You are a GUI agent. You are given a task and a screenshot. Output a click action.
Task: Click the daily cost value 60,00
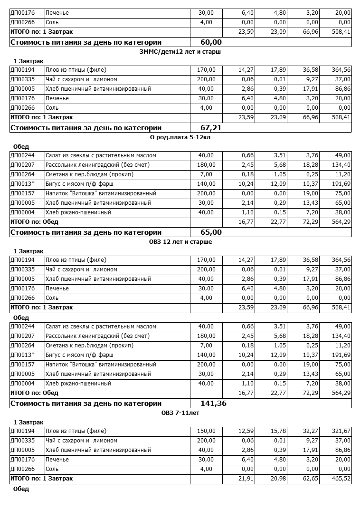coord(211,42)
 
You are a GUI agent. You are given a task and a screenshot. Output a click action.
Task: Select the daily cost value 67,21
coord(211,128)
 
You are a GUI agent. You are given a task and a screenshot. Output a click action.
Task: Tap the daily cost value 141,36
coord(214,403)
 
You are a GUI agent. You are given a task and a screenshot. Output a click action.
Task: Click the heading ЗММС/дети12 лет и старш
coord(180,51)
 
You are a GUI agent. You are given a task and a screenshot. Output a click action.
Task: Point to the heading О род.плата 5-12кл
coord(180,137)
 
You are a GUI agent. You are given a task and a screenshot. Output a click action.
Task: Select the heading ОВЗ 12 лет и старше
coord(180,241)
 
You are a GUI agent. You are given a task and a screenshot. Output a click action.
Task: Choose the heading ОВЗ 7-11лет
coord(180,413)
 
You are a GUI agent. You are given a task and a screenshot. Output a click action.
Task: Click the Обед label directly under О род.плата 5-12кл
coord(21,146)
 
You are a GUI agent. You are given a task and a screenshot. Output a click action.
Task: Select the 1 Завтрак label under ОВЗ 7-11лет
coord(28,422)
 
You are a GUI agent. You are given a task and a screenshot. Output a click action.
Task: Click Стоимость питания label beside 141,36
coord(86,403)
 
